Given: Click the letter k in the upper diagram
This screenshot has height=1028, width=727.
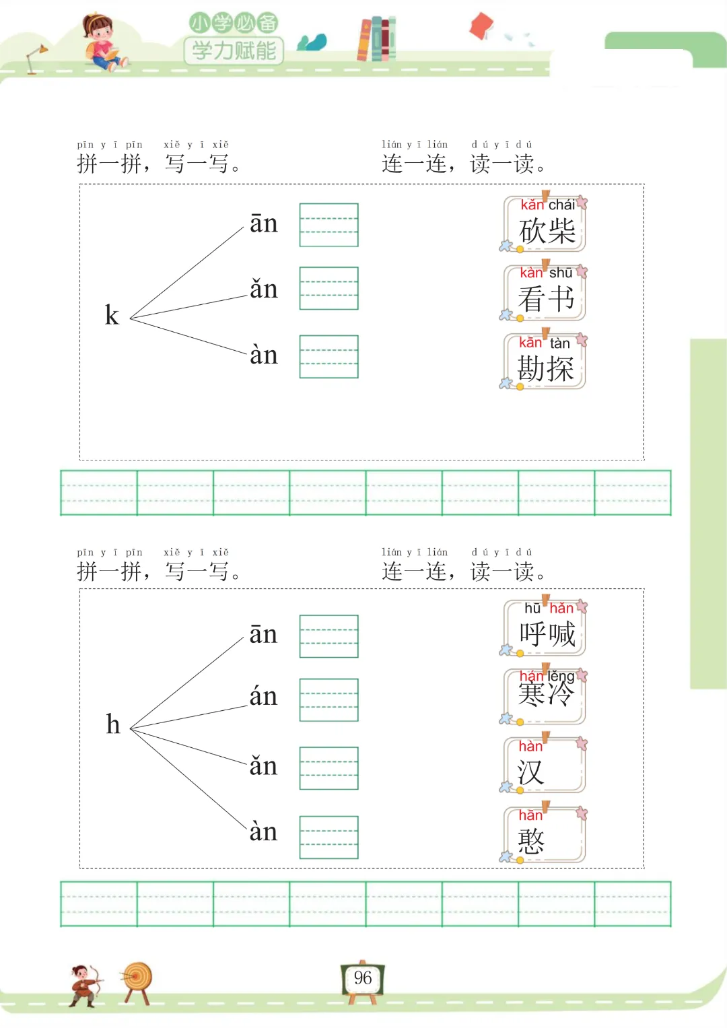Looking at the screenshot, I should [x=112, y=315].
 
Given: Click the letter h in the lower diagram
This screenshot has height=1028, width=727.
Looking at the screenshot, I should [x=113, y=724].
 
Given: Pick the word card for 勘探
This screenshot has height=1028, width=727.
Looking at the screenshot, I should [x=545, y=362].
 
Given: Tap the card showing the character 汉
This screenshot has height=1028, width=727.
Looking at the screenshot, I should [x=545, y=766].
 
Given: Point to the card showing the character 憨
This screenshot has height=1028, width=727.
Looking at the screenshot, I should [x=545, y=835].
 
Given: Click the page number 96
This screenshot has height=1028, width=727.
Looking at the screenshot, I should [x=363, y=978].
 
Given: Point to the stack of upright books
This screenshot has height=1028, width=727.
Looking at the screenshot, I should [x=376, y=39].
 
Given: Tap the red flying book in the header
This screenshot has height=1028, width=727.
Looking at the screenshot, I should [x=481, y=26].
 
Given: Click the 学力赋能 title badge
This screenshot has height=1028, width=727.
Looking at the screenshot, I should [x=234, y=50].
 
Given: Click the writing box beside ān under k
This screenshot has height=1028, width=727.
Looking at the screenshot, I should [x=328, y=225].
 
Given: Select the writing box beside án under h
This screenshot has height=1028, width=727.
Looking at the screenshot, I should [x=328, y=700].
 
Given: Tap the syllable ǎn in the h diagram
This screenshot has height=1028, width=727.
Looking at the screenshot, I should [x=263, y=766].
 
